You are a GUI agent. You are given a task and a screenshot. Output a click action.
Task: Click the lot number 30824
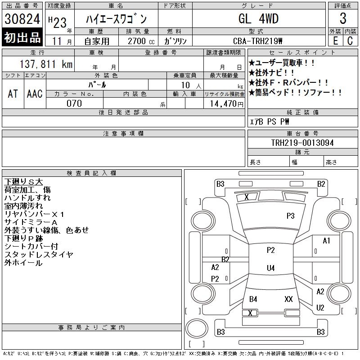[22, 19]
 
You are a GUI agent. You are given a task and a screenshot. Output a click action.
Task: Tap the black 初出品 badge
[22, 38]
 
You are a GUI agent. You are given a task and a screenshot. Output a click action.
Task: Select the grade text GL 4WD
[258, 19]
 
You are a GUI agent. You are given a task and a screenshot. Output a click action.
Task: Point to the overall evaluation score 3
[343, 19]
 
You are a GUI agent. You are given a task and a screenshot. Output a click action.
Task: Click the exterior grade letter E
[335, 40]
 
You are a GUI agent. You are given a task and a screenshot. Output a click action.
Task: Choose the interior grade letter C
[350, 40]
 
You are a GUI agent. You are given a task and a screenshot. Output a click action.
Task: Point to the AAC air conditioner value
[35, 94]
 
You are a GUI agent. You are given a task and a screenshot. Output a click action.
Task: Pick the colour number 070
[74, 103]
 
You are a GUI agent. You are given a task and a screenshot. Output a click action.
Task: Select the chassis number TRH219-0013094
[302, 143]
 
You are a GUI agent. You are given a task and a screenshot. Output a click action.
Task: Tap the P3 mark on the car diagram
[291, 216]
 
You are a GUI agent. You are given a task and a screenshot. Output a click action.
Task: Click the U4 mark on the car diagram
[270, 268]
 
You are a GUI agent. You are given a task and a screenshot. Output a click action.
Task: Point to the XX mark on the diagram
[289, 299]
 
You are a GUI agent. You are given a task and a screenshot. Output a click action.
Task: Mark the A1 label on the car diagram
[327, 241]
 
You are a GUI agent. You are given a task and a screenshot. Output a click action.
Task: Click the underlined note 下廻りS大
[23, 181]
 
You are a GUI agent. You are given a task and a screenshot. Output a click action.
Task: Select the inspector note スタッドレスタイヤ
[39, 254]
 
